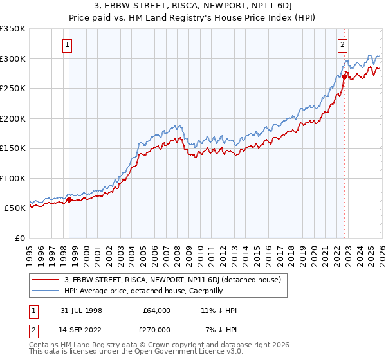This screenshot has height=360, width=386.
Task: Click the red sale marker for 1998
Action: point(69,200)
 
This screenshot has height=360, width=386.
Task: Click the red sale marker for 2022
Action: point(344,76)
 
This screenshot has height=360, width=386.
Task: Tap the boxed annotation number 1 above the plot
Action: point(68,45)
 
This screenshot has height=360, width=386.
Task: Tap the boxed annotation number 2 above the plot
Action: point(343,45)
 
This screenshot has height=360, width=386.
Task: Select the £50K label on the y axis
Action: point(15,208)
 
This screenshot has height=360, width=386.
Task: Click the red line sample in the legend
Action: point(46,280)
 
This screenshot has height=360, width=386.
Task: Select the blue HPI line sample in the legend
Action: point(46,291)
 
